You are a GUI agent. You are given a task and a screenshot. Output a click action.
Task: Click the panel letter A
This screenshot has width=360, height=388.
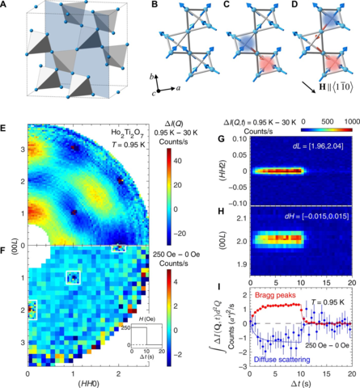6,6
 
